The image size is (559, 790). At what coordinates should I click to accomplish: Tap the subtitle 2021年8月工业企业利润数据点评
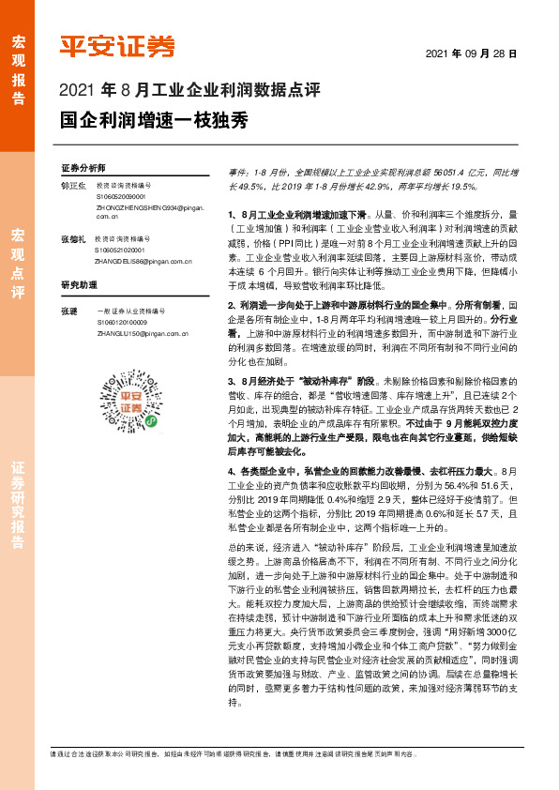[x=189, y=91]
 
